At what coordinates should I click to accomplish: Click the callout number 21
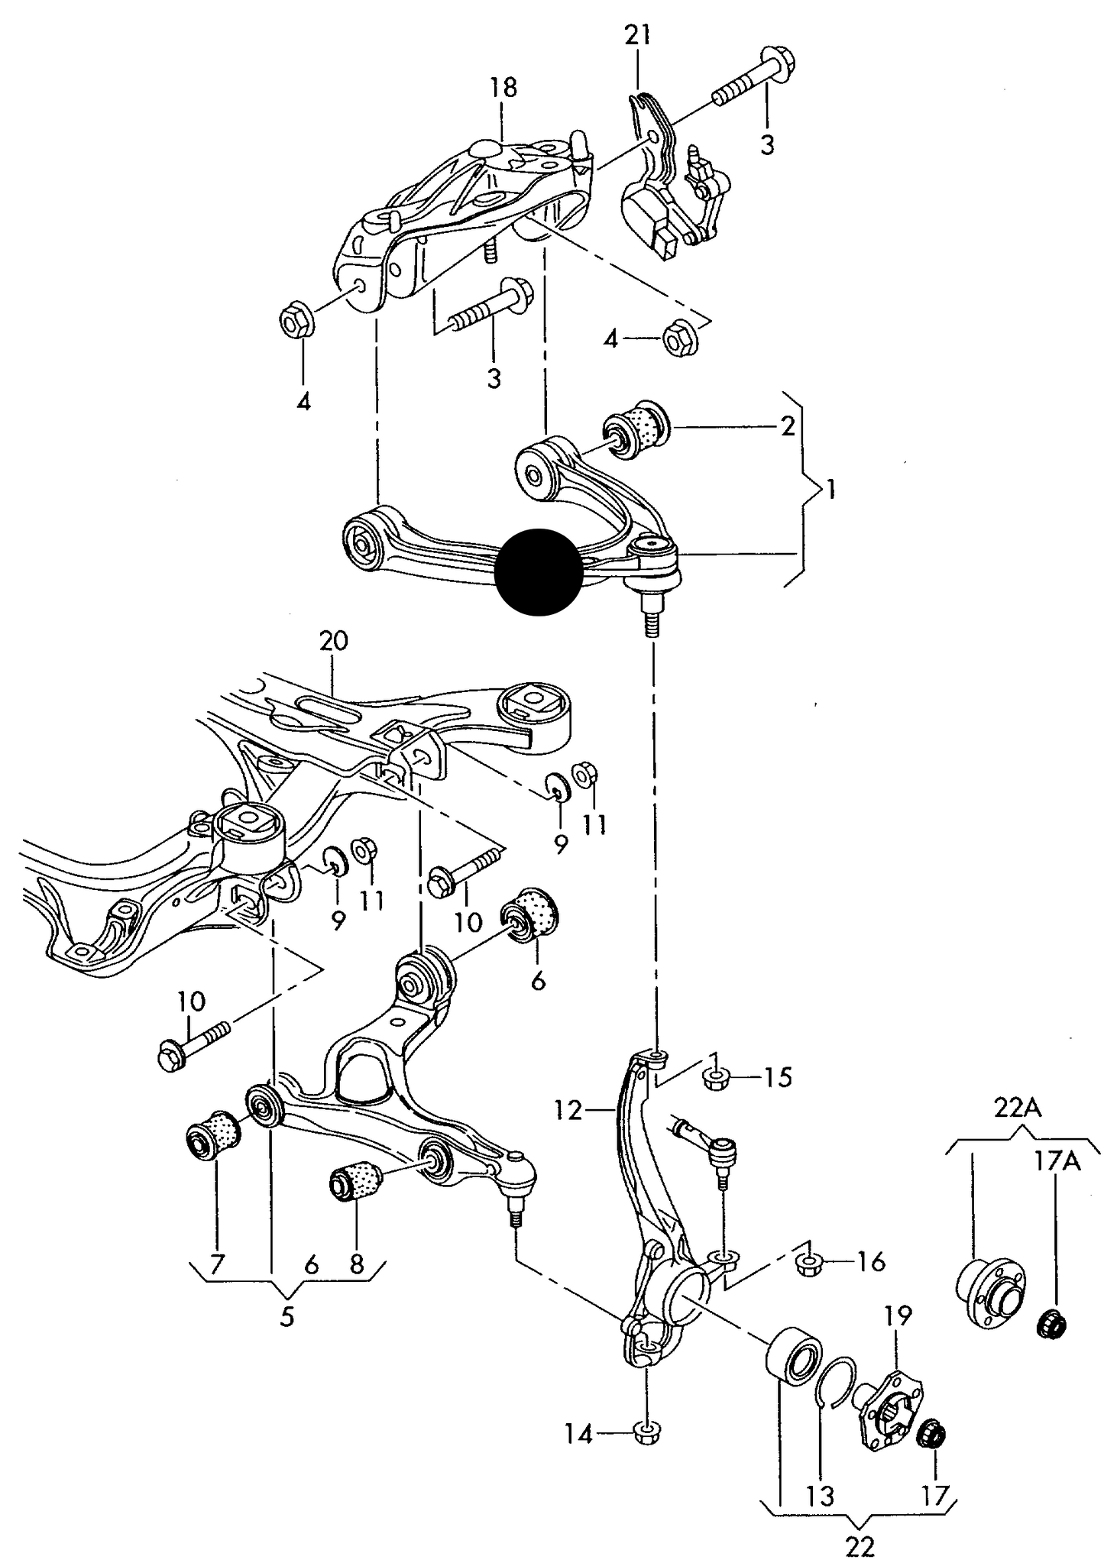638,36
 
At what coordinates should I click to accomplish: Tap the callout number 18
503,87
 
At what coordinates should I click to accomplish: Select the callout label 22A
1018,1107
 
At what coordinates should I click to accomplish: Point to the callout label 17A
1057,1162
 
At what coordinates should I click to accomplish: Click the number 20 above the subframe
333,640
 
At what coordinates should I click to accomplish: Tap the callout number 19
898,1315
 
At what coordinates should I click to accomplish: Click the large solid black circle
538,571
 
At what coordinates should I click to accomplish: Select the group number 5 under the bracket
287,1318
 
